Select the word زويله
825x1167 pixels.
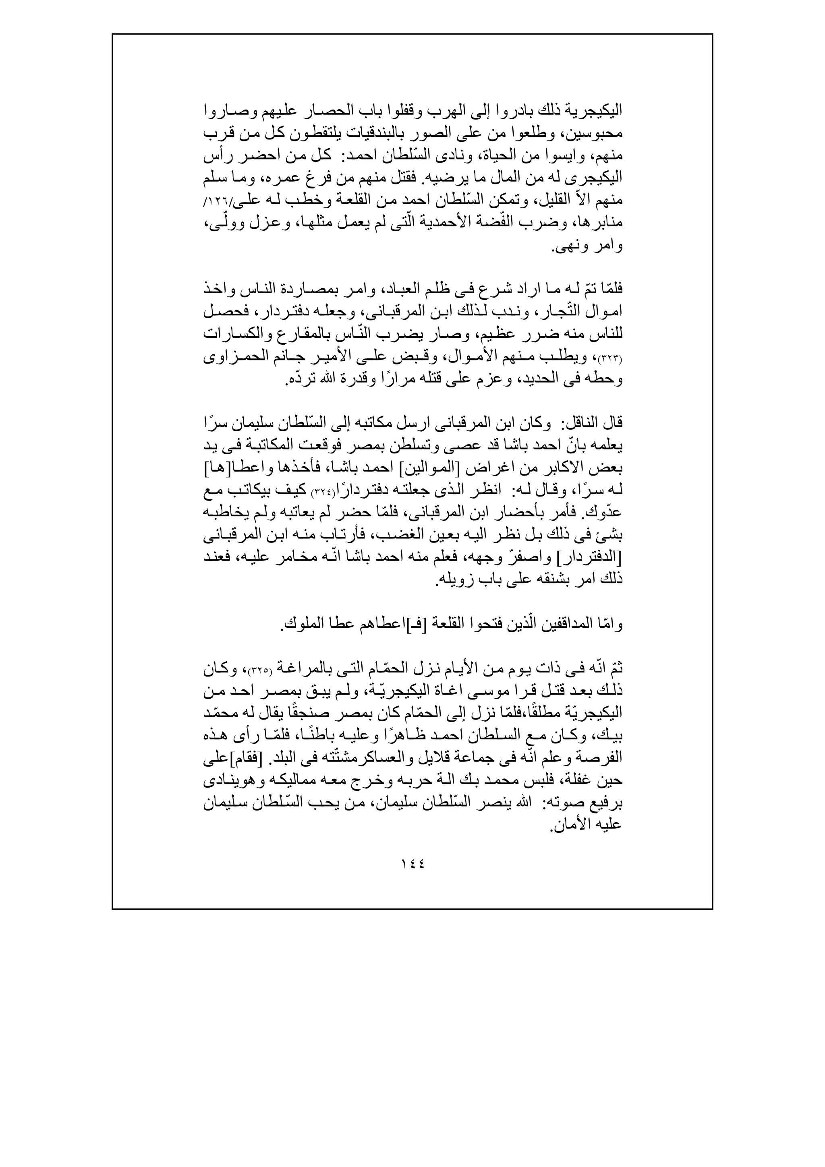click(x=456, y=580)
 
